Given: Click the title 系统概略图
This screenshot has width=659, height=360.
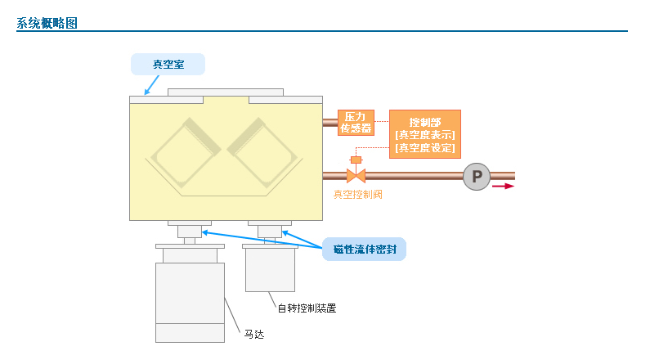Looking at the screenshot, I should [x=47, y=23].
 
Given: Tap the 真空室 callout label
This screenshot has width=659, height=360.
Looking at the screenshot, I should [x=168, y=64].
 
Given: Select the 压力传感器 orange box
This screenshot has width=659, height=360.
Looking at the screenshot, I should [x=356, y=122].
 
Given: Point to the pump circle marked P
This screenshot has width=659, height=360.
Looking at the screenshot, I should [x=476, y=176].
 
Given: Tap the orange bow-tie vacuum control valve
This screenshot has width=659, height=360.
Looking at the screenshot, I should [x=356, y=176].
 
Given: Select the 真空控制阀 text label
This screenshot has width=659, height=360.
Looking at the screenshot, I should [x=357, y=195].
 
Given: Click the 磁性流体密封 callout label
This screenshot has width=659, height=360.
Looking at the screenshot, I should [x=364, y=250].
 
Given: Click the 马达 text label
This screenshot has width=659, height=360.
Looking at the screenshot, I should [x=254, y=334].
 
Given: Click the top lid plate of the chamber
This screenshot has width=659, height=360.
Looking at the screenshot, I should [x=226, y=92].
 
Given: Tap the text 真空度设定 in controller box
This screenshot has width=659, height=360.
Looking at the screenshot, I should [x=425, y=148].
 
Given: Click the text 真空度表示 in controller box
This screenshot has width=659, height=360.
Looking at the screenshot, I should [x=425, y=135].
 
